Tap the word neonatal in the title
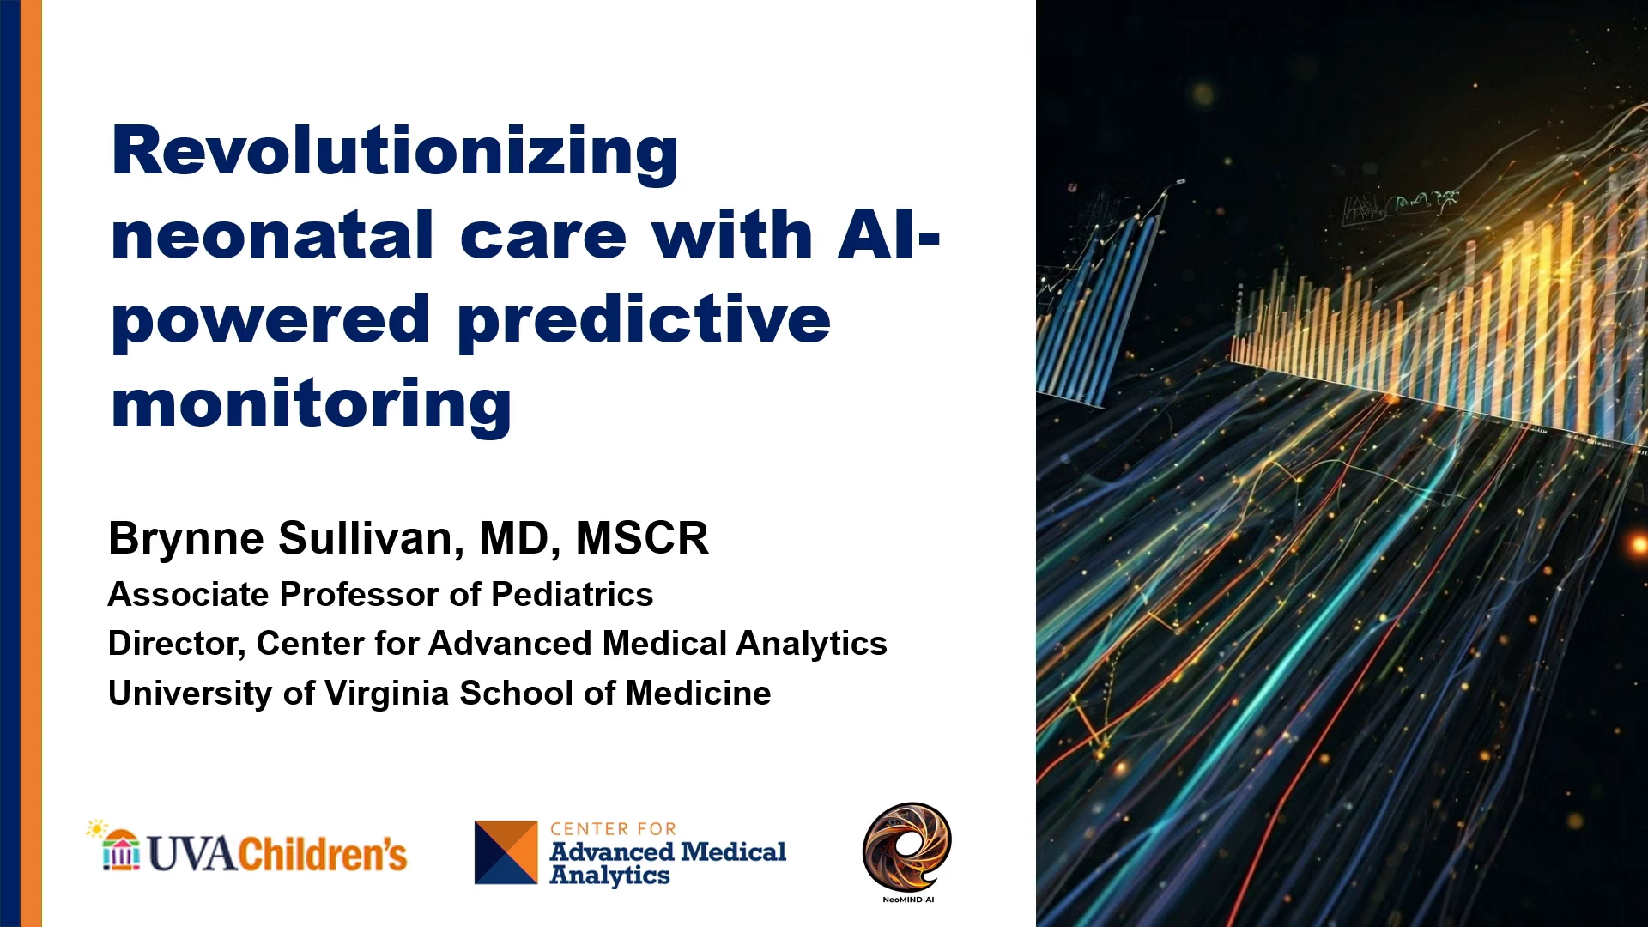(x=273, y=234)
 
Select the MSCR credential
(x=642, y=538)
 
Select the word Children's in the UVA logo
(x=323, y=853)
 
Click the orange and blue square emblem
(x=506, y=852)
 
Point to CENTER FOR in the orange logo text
(x=613, y=829)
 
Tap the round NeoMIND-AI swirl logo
(x=907, y=847)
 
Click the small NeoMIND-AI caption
(x=908, y=900)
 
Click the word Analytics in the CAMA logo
(x=609, y=875)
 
